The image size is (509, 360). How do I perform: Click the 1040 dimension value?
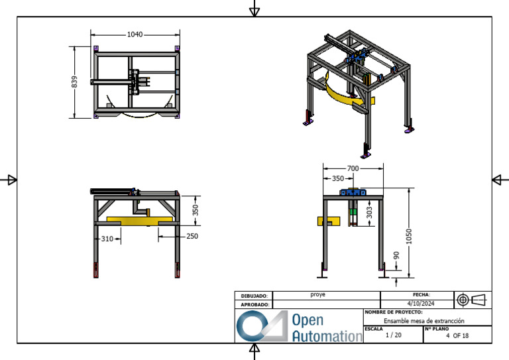click(135, 34)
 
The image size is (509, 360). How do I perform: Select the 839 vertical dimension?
click(74, 82)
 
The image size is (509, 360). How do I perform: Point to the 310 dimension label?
click(107, 239)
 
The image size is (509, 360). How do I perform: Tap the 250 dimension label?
click(192, 236)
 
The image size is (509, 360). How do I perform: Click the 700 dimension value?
click(353, 168)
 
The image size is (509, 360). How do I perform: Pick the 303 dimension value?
click(369, 213)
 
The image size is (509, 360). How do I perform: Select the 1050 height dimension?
click(409, 236)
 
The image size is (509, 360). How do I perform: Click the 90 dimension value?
click(396, 255)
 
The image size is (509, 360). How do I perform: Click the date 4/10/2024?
click(421, 304)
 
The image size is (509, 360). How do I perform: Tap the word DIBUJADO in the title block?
click(254, 296)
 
